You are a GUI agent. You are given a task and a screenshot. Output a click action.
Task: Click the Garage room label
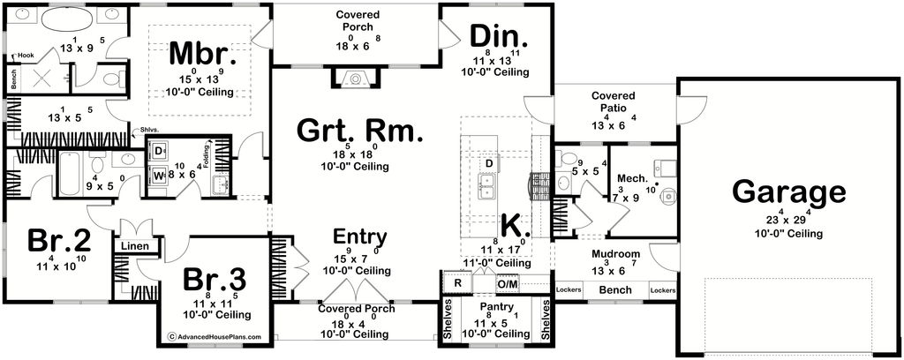click(789, 192)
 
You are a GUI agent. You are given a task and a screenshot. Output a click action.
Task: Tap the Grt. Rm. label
click(360, 131)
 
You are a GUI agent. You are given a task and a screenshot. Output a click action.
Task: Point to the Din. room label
click(499, 36)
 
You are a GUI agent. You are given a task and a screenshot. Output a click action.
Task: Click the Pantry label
click(496, 307)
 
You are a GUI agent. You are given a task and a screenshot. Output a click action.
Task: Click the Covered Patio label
click(609, 101)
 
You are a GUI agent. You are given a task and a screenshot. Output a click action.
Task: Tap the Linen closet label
click(134, 245)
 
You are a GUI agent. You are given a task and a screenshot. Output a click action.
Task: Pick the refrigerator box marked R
click(457, 284)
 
